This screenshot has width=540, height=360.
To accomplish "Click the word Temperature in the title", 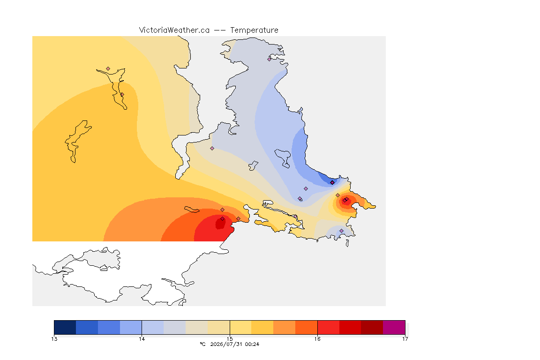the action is pyautogui.click(x=254, y=30).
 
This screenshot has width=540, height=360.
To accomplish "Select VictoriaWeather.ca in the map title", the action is pyautogui.click(x=174, y=30).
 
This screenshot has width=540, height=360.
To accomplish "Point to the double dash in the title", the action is pyautogui.click(x=220, y=30).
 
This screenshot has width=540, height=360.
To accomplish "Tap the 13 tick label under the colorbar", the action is pyautogui.click(x=54, y=339).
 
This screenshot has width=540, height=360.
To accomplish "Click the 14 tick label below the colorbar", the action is pyautogui.click(x=142, y=339).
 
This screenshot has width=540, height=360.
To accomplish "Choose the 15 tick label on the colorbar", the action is pyautogui.click(x=230, y=339).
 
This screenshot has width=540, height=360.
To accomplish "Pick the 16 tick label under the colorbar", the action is pyautogui.click(x=317, y=339).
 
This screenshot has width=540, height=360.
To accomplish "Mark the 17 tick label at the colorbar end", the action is pyautogui.click(x=405, y=339).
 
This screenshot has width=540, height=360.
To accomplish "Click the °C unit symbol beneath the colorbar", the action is pyautogui.click(x=203, y=344).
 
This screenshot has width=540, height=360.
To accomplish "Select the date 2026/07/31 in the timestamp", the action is pyautogui.click(x=226, y=344).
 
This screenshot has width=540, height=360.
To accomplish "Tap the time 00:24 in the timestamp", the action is pyautogui.click(x=252, y=344).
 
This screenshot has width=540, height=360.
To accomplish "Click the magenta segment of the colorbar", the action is pyautogui.click(x=394, y=327).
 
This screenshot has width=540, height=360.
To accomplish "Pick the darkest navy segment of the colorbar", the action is pyautogui.click(x=65, y=327).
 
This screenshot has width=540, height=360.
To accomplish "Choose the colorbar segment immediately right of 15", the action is pyautogui.click(x=241, y=327).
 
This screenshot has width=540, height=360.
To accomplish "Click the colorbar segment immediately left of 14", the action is pyautogui.click(x=131, y=327).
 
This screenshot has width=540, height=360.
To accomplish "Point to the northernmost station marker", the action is pyautogui.click(x=270, y=59).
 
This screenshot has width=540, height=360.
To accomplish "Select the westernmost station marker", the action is pyautogui.click(x=108, y=69).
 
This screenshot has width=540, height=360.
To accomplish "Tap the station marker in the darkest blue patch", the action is pyautogui.click(x=332, y=183).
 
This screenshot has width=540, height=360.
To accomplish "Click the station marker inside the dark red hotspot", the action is pyautogui.click(x=223, y=219).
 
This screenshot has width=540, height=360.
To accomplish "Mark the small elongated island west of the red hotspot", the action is pyautogui.click(x=192, y=210).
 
